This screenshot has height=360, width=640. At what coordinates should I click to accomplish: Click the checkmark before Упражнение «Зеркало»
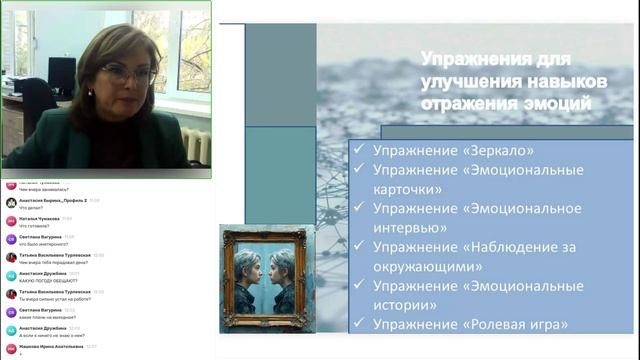358,151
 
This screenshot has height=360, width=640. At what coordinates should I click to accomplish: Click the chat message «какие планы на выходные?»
51,318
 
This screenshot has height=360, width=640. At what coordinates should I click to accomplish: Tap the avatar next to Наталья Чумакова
10,221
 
